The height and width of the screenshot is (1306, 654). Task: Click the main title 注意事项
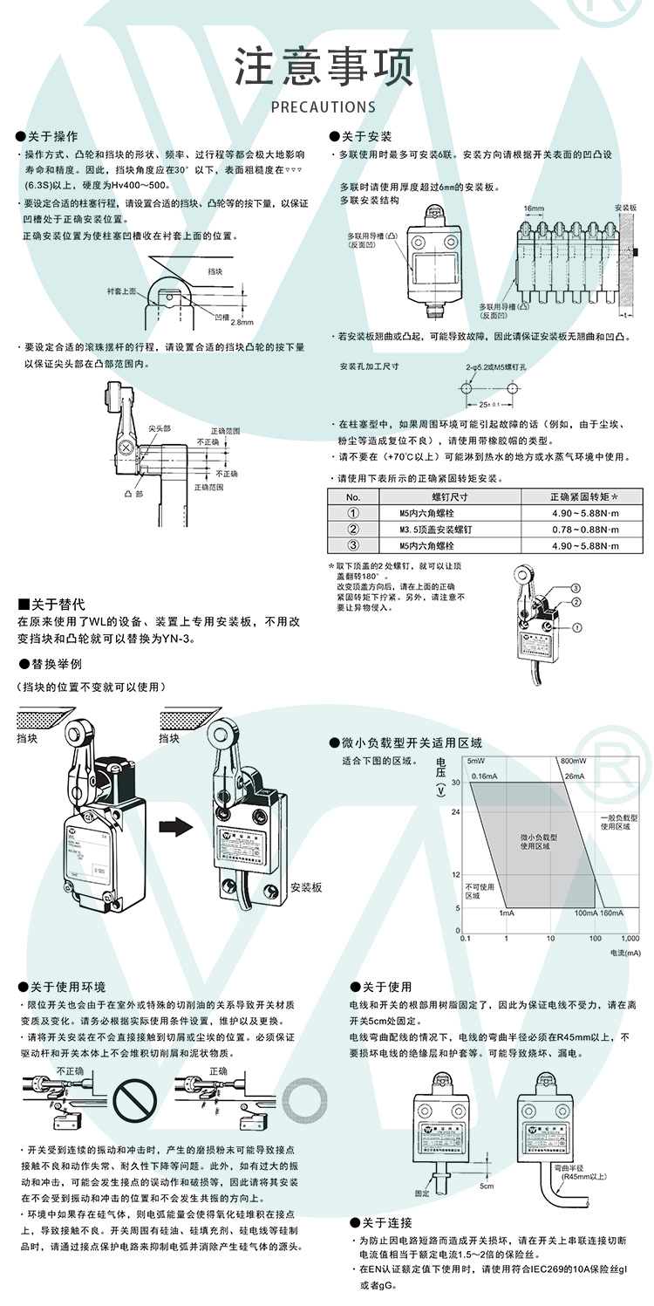click(324, 68)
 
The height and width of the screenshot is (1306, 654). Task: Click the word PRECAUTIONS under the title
click(324, 107)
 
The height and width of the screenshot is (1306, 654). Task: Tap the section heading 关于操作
click(53, 137)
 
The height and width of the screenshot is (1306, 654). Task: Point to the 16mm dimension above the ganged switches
click(534, 209)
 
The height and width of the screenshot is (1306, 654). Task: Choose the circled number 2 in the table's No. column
click(353, 530)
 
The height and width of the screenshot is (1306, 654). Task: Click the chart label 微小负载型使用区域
click(539, 841)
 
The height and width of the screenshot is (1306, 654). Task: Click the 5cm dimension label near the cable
click(486, 1186)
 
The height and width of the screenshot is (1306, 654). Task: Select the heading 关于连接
click(386, 1223)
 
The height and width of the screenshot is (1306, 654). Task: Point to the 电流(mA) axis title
click(624, 953)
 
